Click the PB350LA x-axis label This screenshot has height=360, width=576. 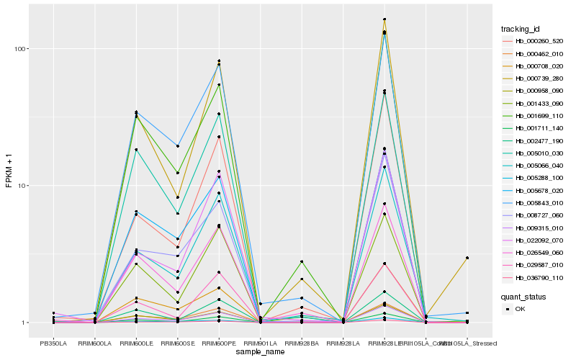tap(53, 344)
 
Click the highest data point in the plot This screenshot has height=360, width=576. tap(384, 19)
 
